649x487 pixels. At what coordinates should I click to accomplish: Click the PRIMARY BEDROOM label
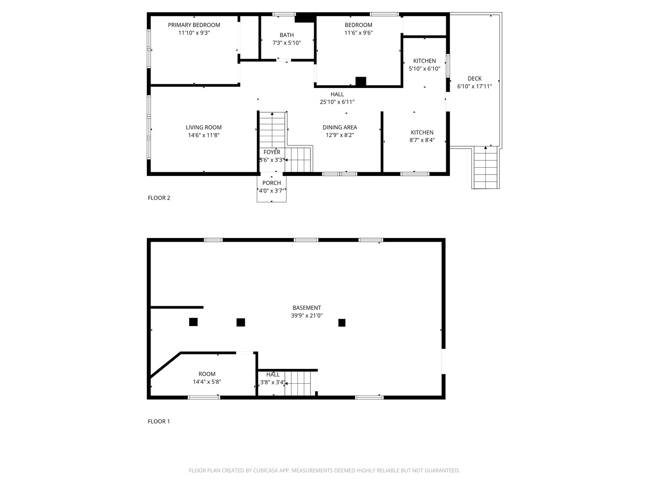[194, 25]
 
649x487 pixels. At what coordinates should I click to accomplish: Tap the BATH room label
[287, 35]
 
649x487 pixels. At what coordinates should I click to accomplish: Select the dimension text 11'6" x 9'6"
[358, 33]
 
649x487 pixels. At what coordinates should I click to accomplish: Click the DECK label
[475, 78]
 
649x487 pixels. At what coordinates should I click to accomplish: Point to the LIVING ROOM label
[204, 128]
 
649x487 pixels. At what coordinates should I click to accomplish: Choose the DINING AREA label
[340, 128]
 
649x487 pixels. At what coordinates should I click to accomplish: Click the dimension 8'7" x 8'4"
[422, 140]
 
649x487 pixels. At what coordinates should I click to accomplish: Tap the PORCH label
[272, 183]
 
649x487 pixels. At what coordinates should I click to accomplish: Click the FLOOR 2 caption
[159, 198]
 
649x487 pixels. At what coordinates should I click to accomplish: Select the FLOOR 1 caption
[159, 421]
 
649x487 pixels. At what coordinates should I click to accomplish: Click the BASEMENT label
[306, 308]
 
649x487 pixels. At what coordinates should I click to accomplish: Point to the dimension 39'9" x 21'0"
[306, 316]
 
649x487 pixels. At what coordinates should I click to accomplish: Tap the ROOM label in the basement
[207, 374]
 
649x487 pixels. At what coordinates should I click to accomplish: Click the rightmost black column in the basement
[342, 322]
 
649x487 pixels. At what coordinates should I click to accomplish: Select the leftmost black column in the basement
[193, 322]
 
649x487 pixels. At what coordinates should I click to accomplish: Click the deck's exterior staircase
[485, 168]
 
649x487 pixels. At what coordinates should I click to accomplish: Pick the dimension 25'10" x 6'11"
[337, 102]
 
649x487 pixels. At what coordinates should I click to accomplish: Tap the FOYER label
[272, 152]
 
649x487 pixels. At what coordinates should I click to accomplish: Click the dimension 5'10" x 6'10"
[424, 69]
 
